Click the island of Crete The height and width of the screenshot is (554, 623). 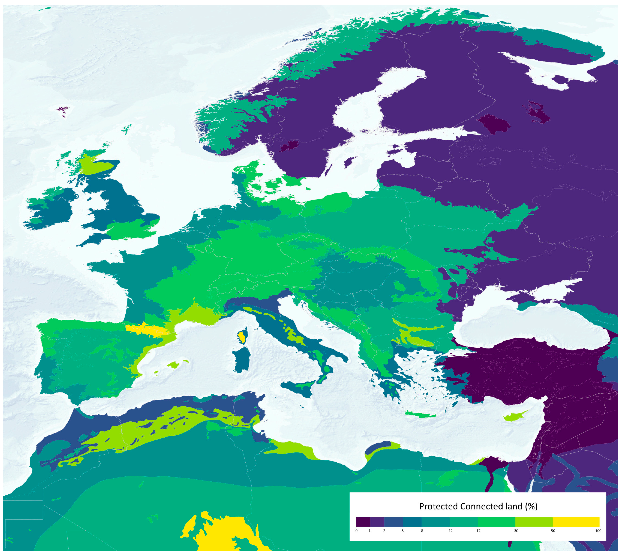coord(421,415)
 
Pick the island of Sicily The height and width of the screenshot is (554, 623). coord(297,387)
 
